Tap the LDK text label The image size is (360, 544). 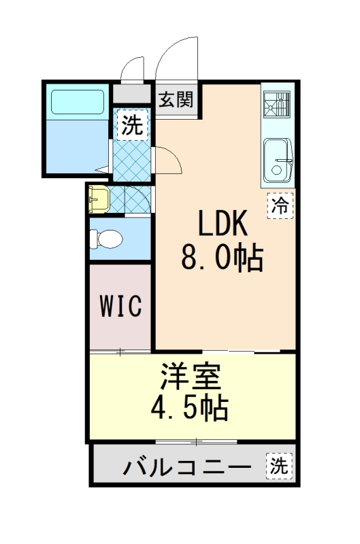(223, 223)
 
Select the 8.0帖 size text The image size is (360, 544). (222, 258)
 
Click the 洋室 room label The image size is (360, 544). (191, 377)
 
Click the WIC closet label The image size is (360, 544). (120, 306)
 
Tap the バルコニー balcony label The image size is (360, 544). (186, 466)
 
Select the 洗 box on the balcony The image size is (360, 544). (280, 466)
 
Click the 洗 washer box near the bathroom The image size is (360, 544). (132, 125)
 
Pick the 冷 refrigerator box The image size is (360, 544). (280, 206)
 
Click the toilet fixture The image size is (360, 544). (106, 239)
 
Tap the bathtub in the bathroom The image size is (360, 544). (78, 102)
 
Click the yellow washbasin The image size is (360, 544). (99, 199)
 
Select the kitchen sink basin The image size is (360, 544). (278, 160)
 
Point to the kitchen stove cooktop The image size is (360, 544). (277, 104)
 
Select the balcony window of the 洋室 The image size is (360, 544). (196, 442)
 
